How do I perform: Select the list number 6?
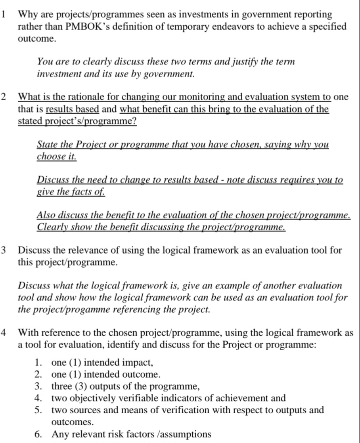tap(38, 434)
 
